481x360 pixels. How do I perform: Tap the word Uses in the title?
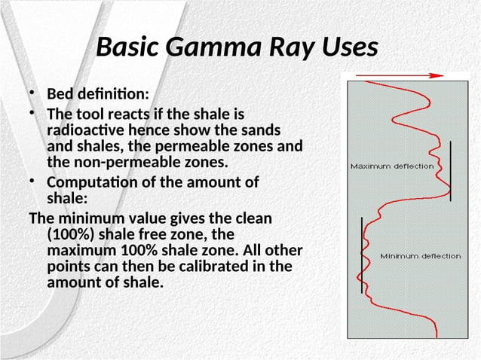[350, 47]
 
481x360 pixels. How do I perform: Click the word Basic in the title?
[127, 47]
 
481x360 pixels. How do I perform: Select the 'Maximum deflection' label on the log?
[392, 166]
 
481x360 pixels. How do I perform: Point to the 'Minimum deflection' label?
[421, 256]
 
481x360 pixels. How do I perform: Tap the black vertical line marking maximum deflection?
[450, 171]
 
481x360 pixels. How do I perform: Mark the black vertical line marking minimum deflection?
[362, 255]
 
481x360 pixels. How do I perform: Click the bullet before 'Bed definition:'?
[32, 93]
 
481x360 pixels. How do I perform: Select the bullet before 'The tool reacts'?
[32, 113]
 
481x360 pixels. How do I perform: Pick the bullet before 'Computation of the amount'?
[32, 181]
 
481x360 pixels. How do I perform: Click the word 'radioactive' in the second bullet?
[86, 130]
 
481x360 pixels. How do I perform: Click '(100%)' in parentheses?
[71, 235]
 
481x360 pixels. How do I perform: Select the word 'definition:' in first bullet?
[113, 93]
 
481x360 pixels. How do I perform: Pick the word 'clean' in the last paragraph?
[253, 218]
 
